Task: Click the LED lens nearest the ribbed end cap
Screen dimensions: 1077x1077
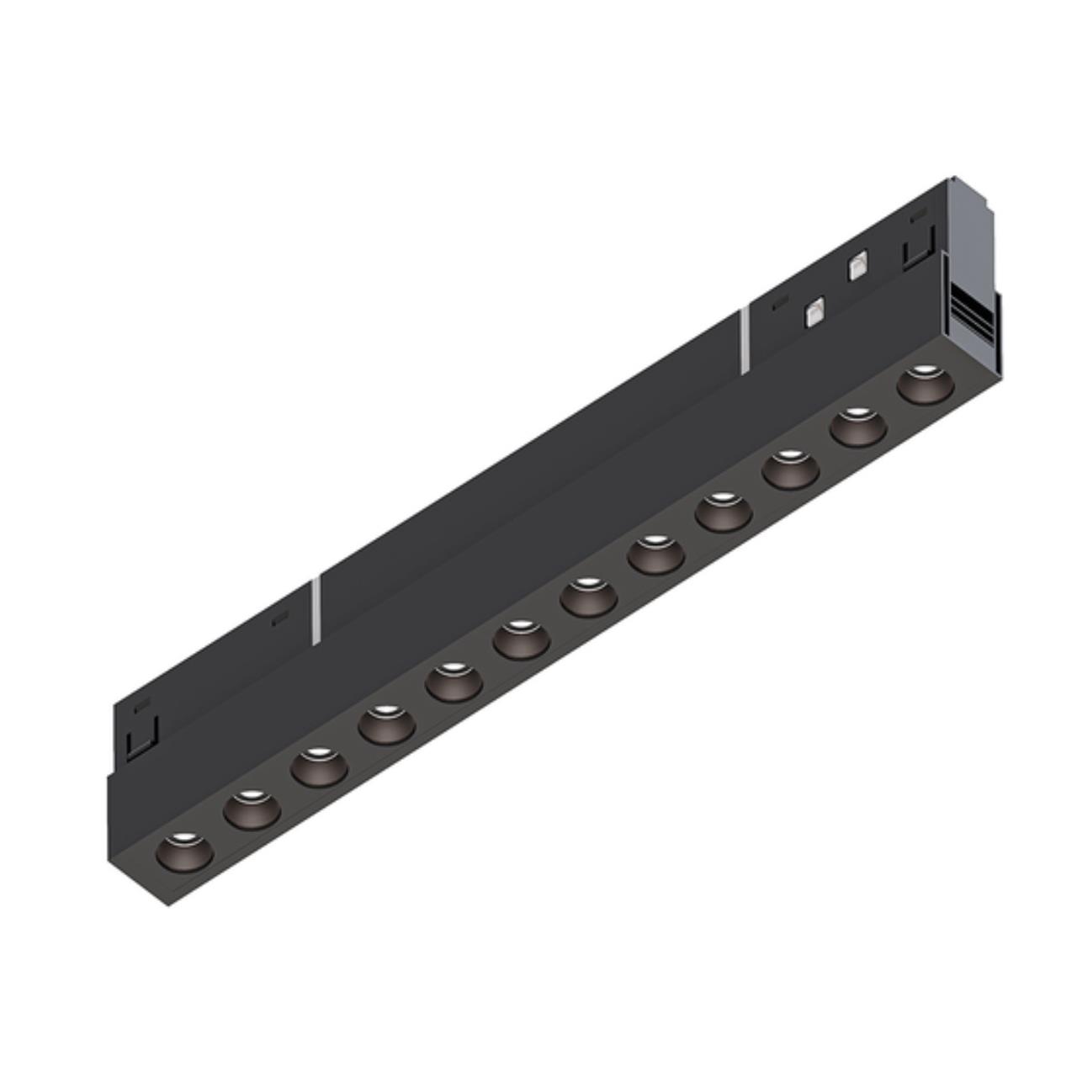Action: click(926, 384)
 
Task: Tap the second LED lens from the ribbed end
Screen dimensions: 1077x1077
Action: click(858, 427)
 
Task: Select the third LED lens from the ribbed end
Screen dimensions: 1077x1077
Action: click(791, 470)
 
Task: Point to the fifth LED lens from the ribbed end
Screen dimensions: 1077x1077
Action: click(656, 554)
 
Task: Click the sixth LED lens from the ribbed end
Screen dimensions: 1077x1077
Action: click(589, 597)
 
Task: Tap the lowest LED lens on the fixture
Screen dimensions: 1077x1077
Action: click(184, 851)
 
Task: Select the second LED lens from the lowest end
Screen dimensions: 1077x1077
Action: click(252, 809)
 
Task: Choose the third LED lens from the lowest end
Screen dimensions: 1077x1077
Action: click(319, 767)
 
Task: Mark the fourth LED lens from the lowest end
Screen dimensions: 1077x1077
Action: click(386, 724)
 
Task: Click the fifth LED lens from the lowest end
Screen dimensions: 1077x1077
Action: click(454, 682)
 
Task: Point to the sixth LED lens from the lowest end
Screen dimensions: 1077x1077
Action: click(521, 639)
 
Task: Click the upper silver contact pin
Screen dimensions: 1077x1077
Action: click(857, 266)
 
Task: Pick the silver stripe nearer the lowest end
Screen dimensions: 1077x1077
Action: click(316, 610)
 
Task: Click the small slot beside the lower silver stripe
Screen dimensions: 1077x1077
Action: click(279, 620)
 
